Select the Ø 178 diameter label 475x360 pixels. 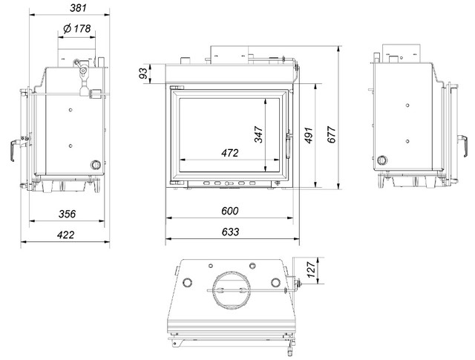76,28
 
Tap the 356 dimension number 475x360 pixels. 67,214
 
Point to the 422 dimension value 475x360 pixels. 65,234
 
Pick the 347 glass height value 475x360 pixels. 258,134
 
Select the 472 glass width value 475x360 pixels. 229,153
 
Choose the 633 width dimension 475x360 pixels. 230,232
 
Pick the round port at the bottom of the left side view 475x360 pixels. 95,165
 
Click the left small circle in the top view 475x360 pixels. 188,281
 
